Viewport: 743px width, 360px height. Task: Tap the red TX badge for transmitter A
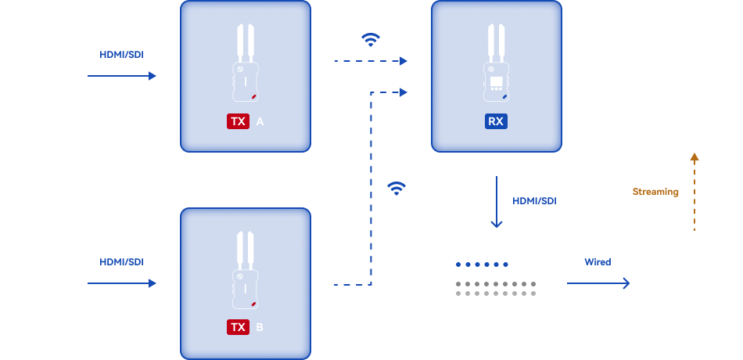click(238, 121)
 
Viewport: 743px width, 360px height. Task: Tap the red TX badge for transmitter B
click(238, 326)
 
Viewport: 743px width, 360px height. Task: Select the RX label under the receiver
click(495, 121)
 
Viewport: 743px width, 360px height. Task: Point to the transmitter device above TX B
click(246, 271)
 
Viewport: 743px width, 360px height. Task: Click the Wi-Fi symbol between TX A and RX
click(371, 40)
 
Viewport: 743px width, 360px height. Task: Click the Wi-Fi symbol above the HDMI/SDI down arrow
click(397, 188)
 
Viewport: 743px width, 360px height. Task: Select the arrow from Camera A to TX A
click(122, 76)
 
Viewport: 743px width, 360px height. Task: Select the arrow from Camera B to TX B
click(122, 283)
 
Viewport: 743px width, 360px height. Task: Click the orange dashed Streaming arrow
click(694, 192)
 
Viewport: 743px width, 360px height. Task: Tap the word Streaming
click(655, 192)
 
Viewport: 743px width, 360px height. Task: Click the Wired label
click(598, 261)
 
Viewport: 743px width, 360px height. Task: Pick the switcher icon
click(495, 281)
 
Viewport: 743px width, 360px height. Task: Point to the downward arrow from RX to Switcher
click(496, 203)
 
